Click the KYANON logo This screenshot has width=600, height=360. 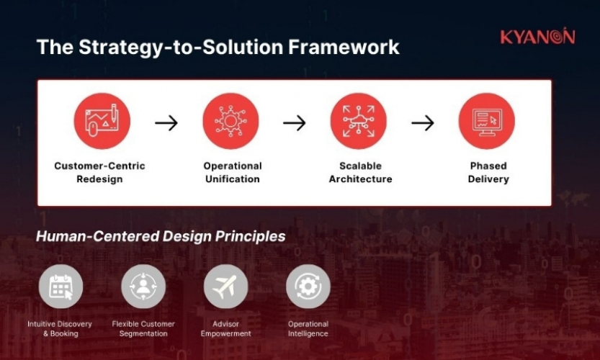[x=537, y=37]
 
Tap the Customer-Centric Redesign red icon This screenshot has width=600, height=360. [x=102, y=121]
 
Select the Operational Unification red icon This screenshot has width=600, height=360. [x=230, y=121]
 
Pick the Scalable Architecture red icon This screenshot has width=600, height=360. [x=358, y=121]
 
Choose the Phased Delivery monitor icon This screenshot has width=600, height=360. [x=486, y=121]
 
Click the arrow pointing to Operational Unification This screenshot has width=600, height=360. [x=166, y=123]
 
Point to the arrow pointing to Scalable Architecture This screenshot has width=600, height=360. [x=294, y=123]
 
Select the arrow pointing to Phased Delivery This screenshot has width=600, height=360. [x=423, y=123]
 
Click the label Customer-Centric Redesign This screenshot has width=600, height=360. [x=99, y=172]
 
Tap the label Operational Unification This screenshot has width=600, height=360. [x=232, y=172]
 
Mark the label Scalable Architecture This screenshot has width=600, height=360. [x=360, y=172]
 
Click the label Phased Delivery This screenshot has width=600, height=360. [x=488, y=172]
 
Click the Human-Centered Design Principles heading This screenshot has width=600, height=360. [x=161, y=236]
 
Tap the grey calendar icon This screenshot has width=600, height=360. [x=61, y=286]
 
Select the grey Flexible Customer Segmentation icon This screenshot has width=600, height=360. [x=143, y=286]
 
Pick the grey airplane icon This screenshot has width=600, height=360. [x=225, y=286]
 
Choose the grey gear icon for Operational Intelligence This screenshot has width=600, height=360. [x=308, y=286]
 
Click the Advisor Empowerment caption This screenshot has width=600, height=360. [x=226, y=329]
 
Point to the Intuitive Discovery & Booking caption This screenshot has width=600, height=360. [x=61, y=329]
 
